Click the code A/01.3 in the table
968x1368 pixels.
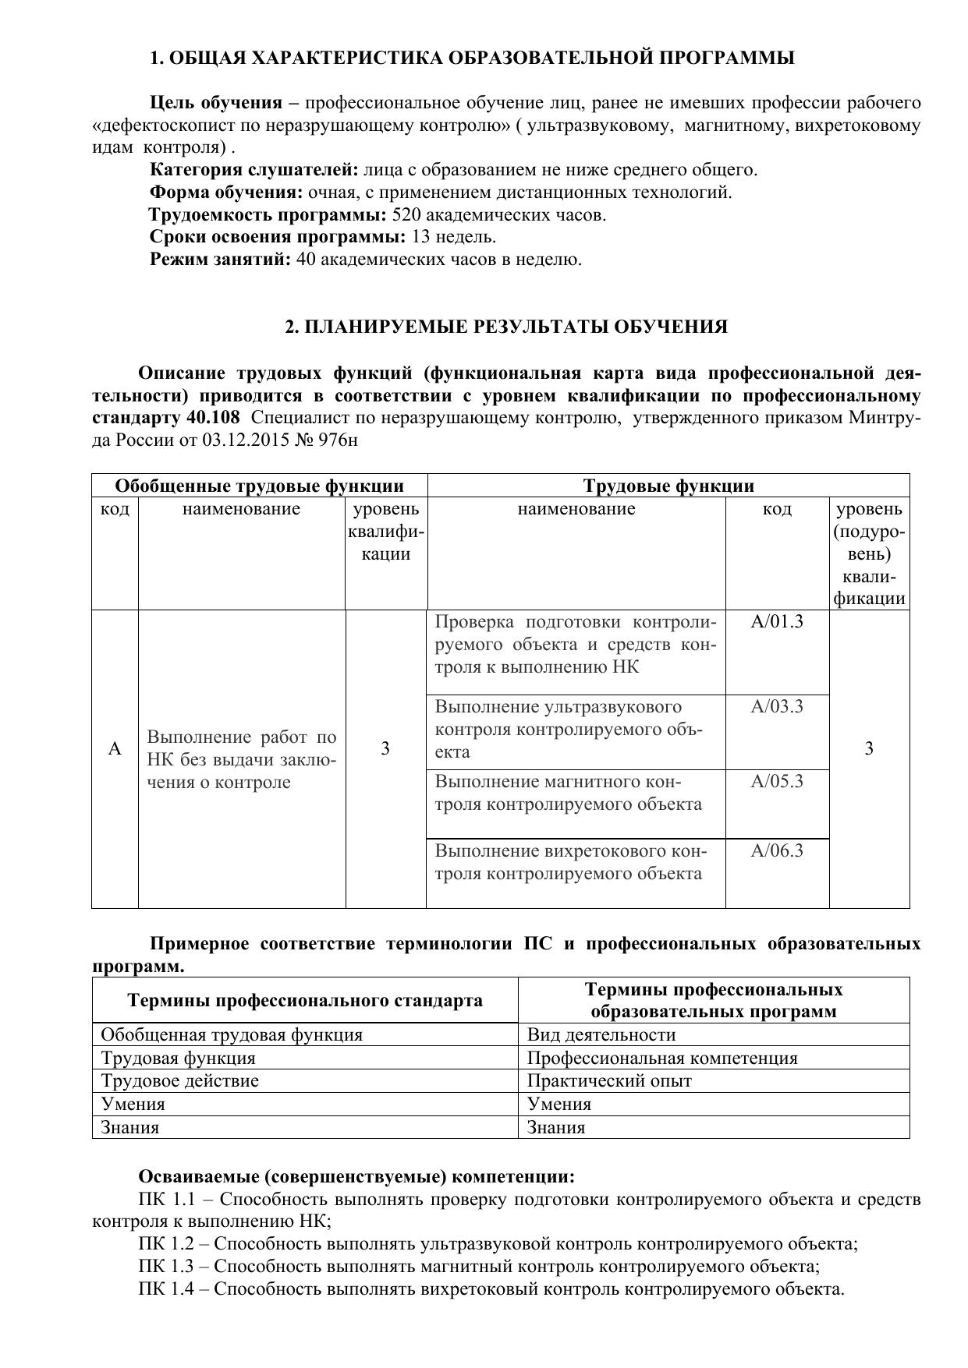point(776,622)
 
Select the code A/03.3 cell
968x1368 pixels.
point(776,707)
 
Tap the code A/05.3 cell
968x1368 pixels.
point(776,782)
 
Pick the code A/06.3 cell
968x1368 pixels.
point(776,850)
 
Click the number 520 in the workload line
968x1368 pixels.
point(406,215)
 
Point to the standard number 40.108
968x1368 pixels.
point(213,418)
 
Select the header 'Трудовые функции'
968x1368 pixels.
point(668,486)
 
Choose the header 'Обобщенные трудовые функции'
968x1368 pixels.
point(259,486)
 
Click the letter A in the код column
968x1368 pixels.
point(115,749)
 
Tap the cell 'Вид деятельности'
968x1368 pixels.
point(601,1035)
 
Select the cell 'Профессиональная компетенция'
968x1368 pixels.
point(662,1059)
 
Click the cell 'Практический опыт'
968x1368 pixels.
point(609,1081)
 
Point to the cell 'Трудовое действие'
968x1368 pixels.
point(180,1081)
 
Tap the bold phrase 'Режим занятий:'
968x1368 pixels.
point(221,260)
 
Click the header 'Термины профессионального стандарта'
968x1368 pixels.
point(305,1001)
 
